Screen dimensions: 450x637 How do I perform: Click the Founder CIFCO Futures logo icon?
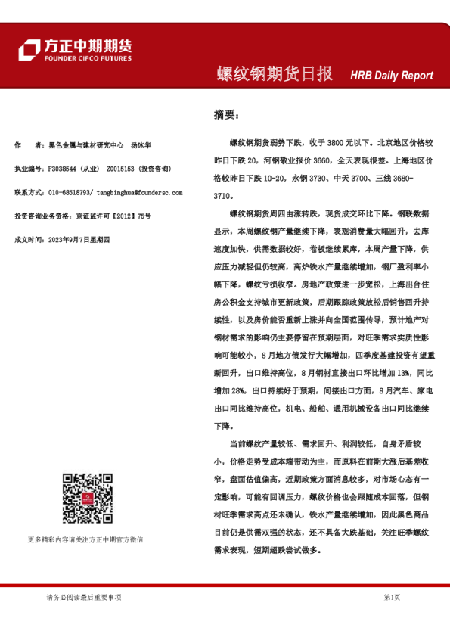point(29,49)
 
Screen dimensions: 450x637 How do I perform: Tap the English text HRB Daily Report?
point(392,76)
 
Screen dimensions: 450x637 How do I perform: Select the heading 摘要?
point(225,115)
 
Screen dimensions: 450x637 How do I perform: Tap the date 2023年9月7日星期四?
point(79,239)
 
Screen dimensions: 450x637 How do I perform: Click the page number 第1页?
point(392,597)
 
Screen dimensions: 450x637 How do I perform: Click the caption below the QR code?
point(85,539)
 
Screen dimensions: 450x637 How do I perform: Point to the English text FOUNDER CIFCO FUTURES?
point(87,58)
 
